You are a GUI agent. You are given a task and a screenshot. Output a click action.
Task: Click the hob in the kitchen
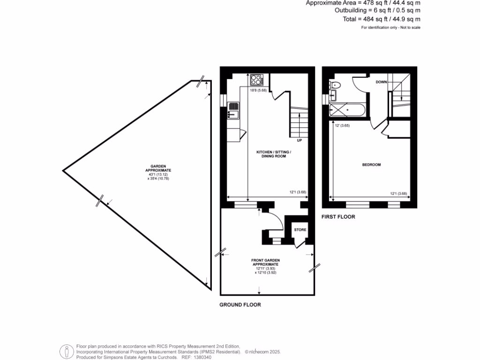(257, 79)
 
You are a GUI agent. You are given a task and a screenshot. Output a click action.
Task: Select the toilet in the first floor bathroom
(335, 85)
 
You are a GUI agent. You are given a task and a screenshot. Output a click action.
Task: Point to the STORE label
(300, 230)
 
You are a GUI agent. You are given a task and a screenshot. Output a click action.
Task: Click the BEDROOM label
(371, 165)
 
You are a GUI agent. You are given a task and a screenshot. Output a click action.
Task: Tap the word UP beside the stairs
(299, 140)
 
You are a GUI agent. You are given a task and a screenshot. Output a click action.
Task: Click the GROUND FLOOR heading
(240, 305)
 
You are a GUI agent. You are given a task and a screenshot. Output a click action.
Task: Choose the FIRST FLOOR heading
(338, 217)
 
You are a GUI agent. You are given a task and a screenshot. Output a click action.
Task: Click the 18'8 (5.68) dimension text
(258, 90)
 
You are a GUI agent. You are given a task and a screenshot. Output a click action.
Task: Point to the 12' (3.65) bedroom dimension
(342, 126)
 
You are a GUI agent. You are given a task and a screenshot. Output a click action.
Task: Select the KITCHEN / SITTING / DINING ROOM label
(274, 154)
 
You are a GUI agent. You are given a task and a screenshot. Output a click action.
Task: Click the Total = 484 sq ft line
(381, 19)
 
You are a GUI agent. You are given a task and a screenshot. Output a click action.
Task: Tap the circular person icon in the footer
(67, 351)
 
